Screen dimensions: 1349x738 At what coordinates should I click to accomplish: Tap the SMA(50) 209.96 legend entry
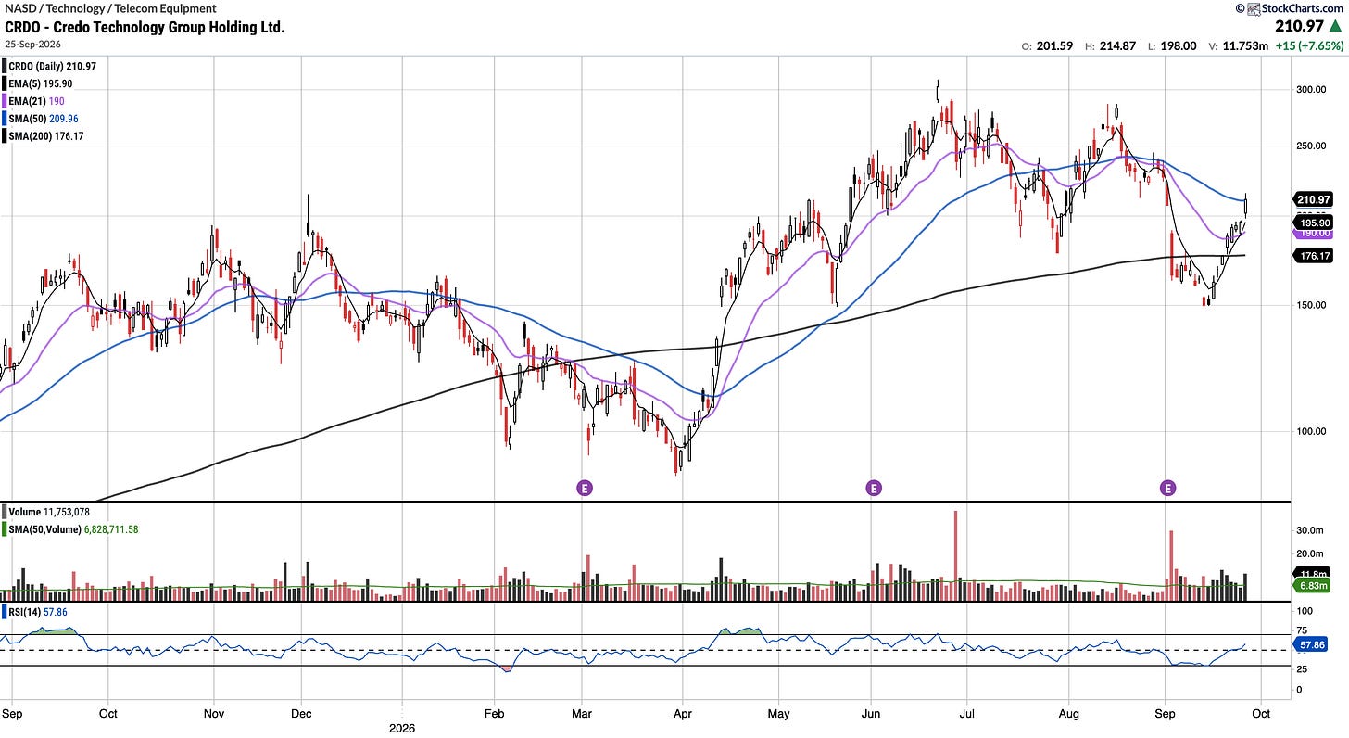(x=43, y=119)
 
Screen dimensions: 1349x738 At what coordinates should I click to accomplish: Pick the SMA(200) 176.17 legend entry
(x=45, y=136)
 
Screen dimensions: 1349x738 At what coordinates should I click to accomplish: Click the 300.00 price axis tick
(x=1311, y=90)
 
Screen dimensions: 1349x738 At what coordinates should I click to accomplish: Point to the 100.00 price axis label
(x=1311, y=431)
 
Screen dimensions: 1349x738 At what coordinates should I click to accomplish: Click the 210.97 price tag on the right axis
(x=1313, y=199)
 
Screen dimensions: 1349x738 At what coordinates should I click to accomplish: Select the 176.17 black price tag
(x=1313, y=256)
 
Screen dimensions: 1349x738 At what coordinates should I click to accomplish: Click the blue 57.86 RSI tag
(x=1312, y=645)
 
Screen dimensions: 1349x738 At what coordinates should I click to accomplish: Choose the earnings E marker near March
(x=584, y=488)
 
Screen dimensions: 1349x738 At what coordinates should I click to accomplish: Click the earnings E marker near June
(x=873, y=488)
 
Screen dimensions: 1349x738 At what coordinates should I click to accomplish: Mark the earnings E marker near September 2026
(x=1167, y=488)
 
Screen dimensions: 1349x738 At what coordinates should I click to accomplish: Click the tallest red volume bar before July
(x=955, y=555)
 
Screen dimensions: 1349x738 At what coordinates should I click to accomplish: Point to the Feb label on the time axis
(x=494, y=714)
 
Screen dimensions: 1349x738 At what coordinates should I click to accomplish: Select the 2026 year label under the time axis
(x=402, y=729)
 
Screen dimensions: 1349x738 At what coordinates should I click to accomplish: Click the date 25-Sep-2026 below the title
(x=33, y=45)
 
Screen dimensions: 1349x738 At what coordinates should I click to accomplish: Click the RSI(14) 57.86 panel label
(x=37, y=612)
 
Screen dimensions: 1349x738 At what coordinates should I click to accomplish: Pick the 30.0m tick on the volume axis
(x=1310, y=530)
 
